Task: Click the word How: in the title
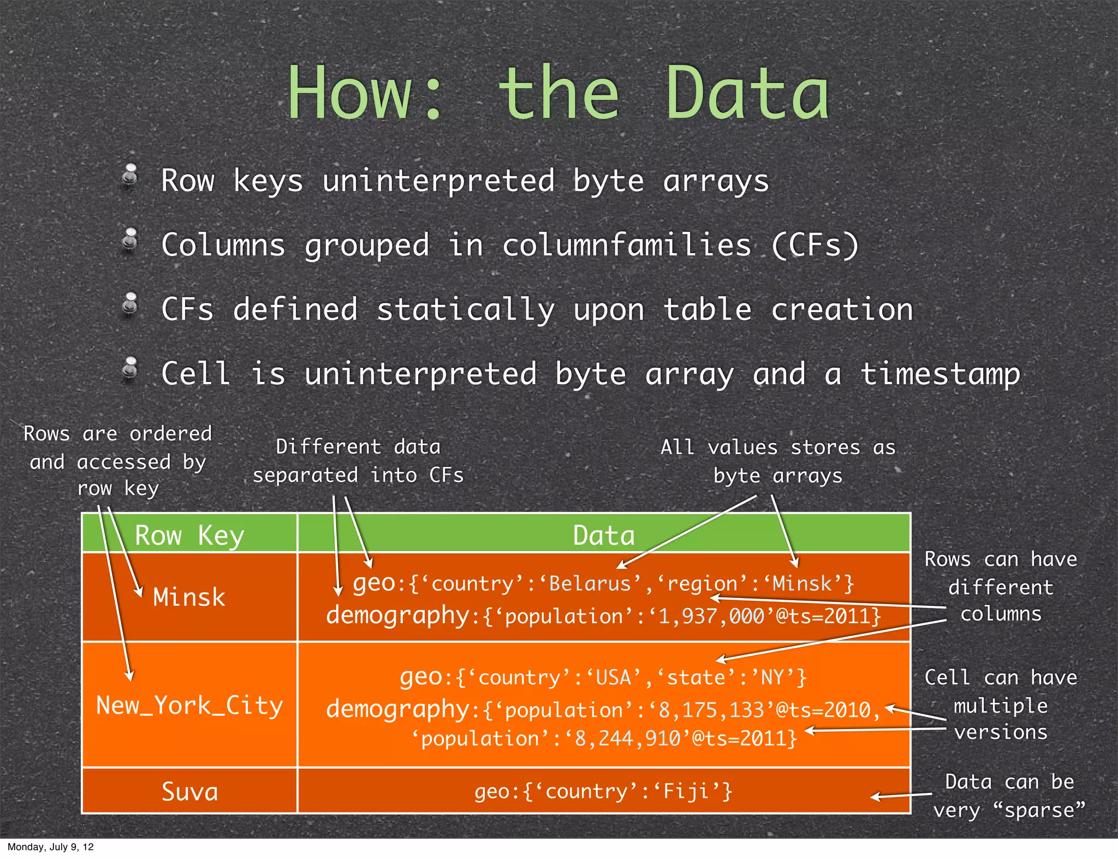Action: pyautogui.click(x=365, y=94)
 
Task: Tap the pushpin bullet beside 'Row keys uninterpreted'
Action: pyautogui.click(x=130, y=176)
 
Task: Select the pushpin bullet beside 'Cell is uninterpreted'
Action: pyautogui.click(x=130, y=369)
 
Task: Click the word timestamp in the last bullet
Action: pyautogui.click(x=940, y=375)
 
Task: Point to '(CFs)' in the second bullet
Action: pyautogui.click(x=816, y=245)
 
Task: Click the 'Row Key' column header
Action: pyautogui.click(x=189, y=535)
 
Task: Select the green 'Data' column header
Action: pyautogui.click(x=604, y=535)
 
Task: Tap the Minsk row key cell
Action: pyautogui.click(x=189, y=597)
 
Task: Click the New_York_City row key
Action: pyautogui.click(x=189, y=706)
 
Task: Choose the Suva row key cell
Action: pyautogui.click(x=189, y=792)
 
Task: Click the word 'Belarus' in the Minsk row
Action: pyautogui.click(x=590, y=584)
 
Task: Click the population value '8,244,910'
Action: pyautogui.click(x=628, y=739)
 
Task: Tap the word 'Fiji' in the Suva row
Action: pyautogui.click(x=686, y=791)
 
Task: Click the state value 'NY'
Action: pyautogui.click(x=772, y=678)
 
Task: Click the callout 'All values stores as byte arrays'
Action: pyautogui.click(x=778, y=462)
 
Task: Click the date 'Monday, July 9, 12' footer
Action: pyautogui.click(x=50, y=847)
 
